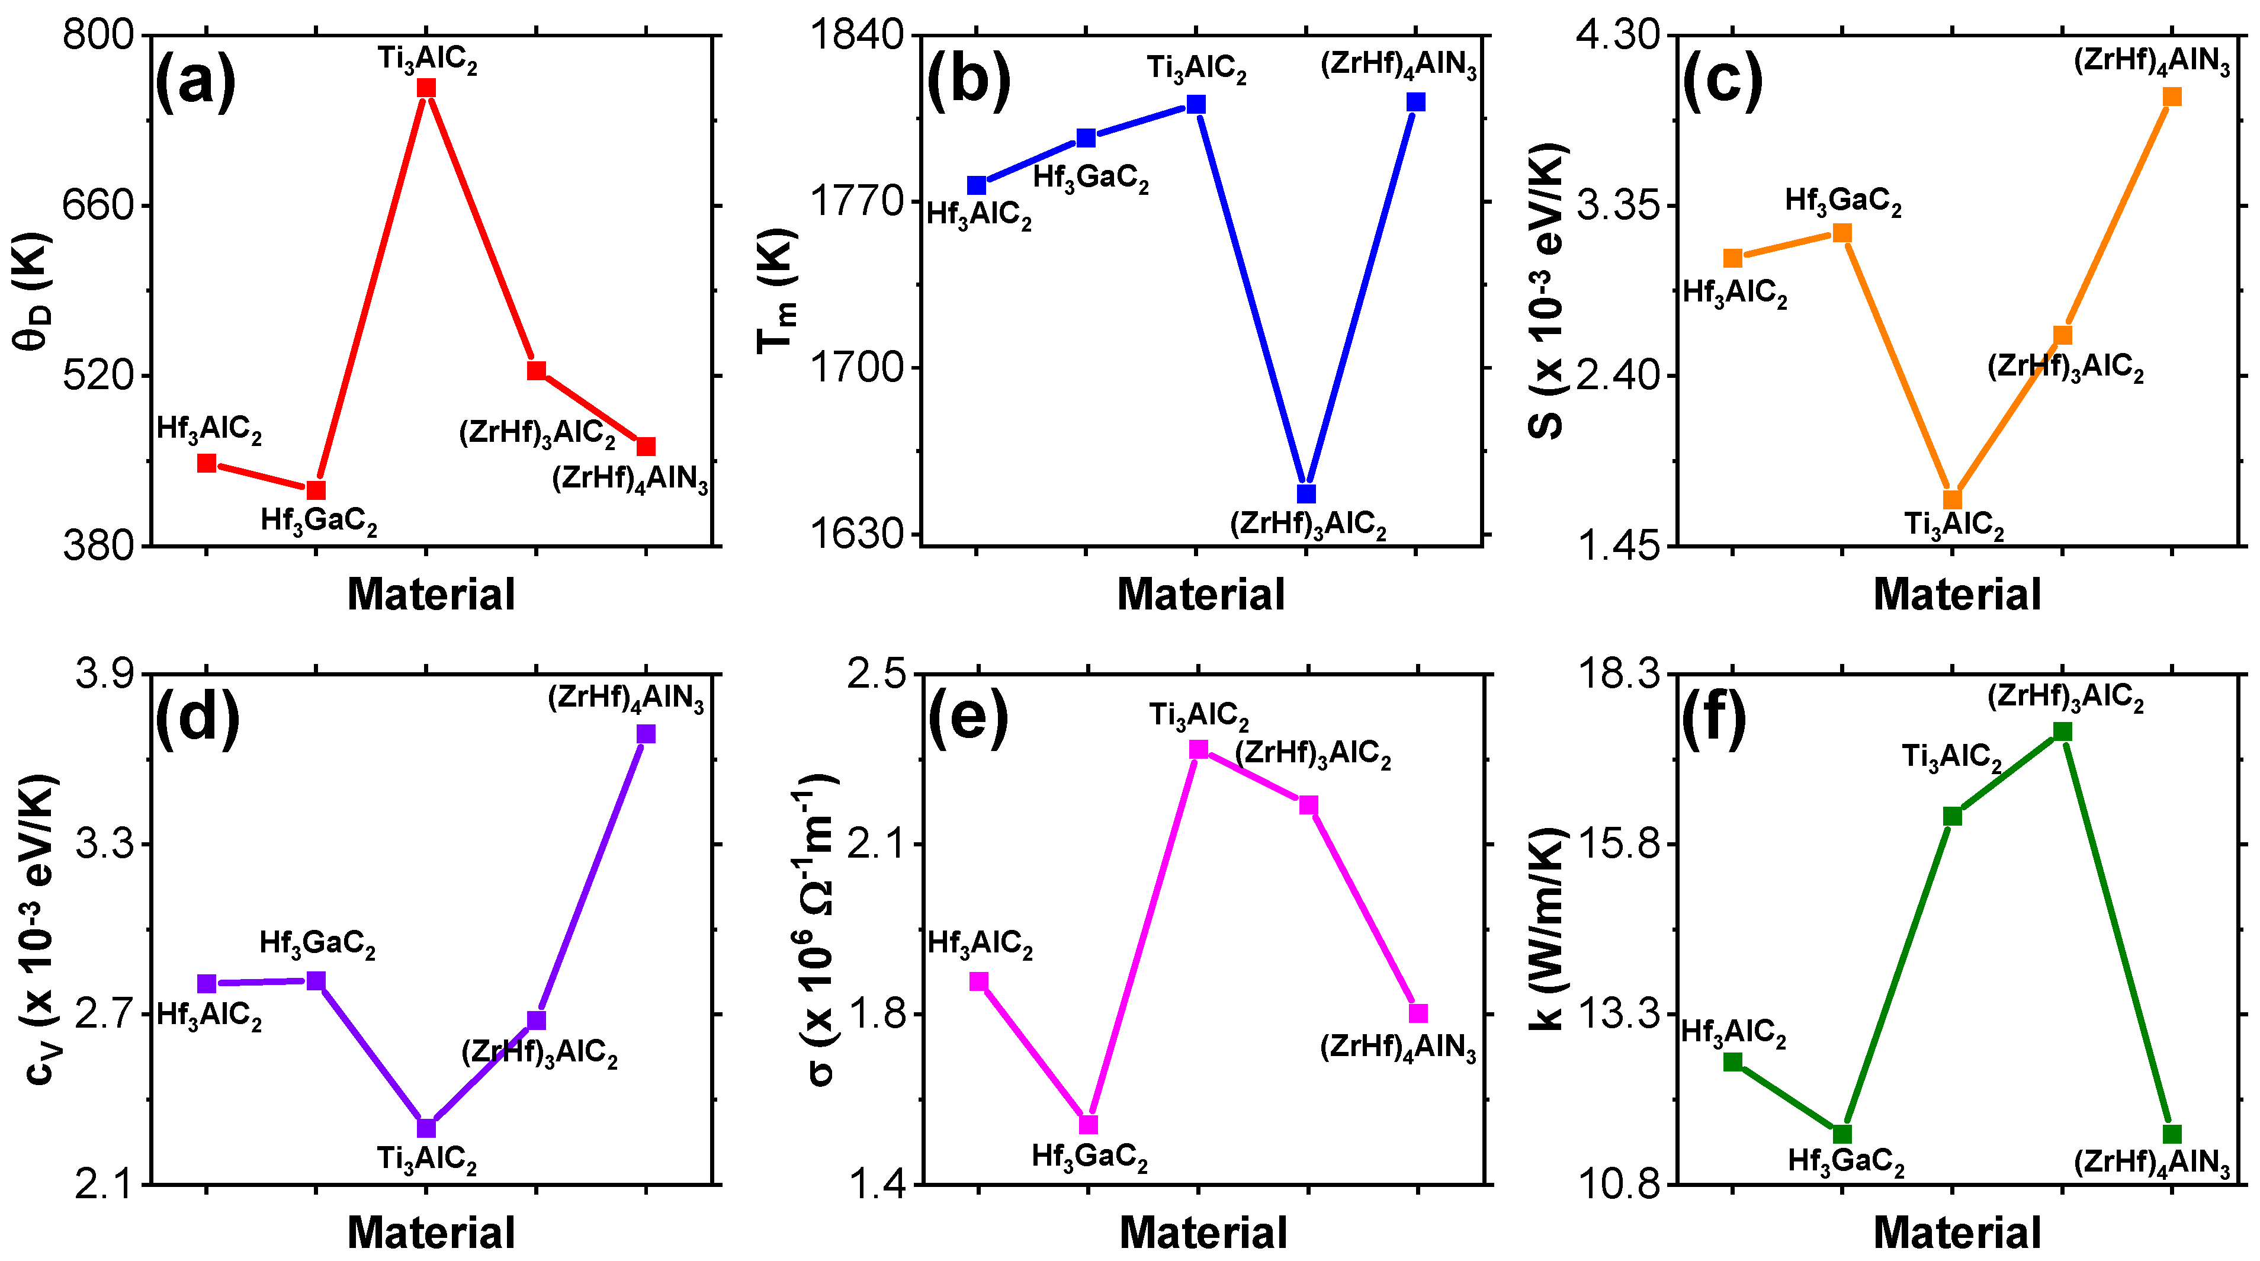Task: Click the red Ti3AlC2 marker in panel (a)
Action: pos(426,88)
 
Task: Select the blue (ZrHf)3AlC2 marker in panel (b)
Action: pos(1306,494)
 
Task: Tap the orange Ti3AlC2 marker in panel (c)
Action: pos(1952,499)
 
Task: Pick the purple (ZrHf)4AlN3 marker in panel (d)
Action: pos(647,734)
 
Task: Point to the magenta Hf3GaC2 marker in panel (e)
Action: pos(1088,1124)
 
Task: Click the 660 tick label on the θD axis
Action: pos(97,206)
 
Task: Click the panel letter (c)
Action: pos(1722,82)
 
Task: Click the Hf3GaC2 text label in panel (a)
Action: pos(319,521)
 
